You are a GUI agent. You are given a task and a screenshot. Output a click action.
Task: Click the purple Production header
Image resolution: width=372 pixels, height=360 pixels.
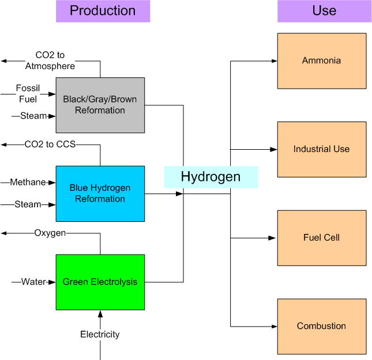pyautogui.click(x=103, y=11)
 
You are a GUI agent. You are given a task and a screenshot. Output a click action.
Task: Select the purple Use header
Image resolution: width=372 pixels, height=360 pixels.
pyautogui.click(x=324, y=11)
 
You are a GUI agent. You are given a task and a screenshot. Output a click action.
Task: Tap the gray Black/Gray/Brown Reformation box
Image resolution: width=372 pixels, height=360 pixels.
pyautogui.click(x=100, y=105)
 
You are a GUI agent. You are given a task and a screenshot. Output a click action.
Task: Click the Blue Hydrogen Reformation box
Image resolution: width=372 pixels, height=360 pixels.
pyautogui.click(x=100, y=194)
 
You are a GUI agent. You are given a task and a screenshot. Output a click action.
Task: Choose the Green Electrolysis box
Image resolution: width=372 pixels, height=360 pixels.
pyautogui.click(x=100, y=282)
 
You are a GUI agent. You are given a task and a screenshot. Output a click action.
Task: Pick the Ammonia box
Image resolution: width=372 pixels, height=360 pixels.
pyautogui.click(x=321, y=60)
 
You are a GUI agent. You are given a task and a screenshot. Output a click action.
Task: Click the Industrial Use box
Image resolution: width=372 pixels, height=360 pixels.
pyautogui.click(x=321, y=149)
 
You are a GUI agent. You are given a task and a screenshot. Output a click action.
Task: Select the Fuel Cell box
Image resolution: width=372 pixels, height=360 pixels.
pyautogui.click(x=321, y=237)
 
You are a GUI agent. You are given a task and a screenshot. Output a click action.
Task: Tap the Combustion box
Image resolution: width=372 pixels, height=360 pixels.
pyautogui.click(x=321, y=326)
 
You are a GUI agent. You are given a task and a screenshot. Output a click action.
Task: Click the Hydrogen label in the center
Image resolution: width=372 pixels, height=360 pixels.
pyautogui.click(x=211, y=177)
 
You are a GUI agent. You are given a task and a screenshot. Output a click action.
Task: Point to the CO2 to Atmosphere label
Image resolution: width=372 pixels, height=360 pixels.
pyautogui.click(x=50, y=60)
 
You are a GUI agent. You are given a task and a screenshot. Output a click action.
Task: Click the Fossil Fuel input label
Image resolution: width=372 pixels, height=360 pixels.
pyautogui.click(x=27, y=94)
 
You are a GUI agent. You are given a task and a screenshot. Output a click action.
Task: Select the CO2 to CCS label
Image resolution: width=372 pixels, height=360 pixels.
pyautogui.click(x=50, y=144)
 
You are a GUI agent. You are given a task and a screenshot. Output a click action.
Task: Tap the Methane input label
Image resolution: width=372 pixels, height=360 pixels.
pyautogui.click(x=28, y=183)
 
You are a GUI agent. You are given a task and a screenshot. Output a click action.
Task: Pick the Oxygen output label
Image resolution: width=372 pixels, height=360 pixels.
pyautogui.click(x=50, y=233)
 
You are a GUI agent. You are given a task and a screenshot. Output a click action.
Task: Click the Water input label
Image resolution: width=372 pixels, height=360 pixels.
pyautogui.click(x=33, y=282)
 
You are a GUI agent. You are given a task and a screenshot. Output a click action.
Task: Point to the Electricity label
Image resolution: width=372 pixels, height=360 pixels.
pyautogui.click(x=100, y=334)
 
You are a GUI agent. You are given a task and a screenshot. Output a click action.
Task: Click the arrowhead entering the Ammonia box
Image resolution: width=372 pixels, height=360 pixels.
pyautogui.click(x=274, y=60)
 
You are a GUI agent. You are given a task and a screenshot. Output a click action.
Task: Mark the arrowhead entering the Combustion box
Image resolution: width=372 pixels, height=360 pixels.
pyautogui.click(x=274, y=326)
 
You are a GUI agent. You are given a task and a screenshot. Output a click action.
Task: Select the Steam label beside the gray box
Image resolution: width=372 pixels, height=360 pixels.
pyautogui.click(x=33, y=116)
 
